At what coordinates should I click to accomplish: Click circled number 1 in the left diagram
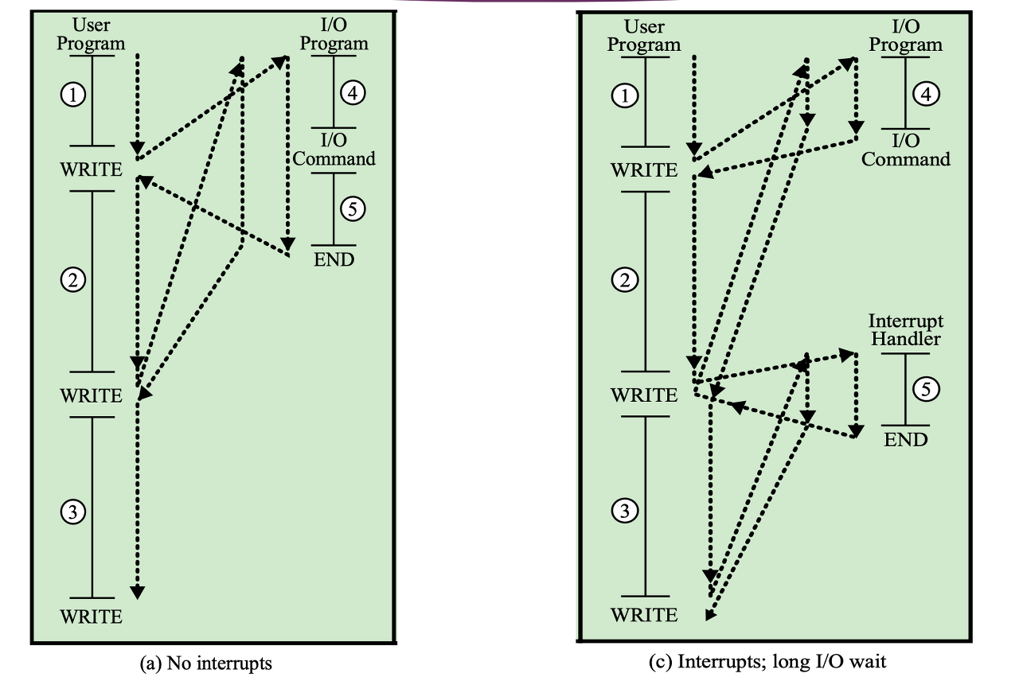click(73, 95)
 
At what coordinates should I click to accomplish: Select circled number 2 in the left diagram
click(73, 279)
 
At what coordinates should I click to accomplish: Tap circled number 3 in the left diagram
click(73, 513)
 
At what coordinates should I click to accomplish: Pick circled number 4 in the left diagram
click(353, 93)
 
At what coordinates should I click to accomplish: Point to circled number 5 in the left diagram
click(353, 208)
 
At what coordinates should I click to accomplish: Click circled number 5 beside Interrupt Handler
click(925, 389)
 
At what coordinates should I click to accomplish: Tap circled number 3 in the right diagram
click(625, 512)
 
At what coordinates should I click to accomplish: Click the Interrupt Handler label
click(906, 329)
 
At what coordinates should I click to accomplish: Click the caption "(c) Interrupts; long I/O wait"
click(767, 661)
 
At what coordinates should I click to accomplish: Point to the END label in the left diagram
click(334, 259)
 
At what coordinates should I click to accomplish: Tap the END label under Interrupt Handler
click(906, 439)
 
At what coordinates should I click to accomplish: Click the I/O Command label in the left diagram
click(334, 150)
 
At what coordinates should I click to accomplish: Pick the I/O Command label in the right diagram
click(906, 150)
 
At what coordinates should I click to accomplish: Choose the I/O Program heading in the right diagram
click(906, 35)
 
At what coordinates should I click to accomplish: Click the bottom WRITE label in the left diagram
click(92, 617)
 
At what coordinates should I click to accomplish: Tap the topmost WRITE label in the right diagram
click(644, 170)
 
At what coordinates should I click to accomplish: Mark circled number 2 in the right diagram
click(625, 279)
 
